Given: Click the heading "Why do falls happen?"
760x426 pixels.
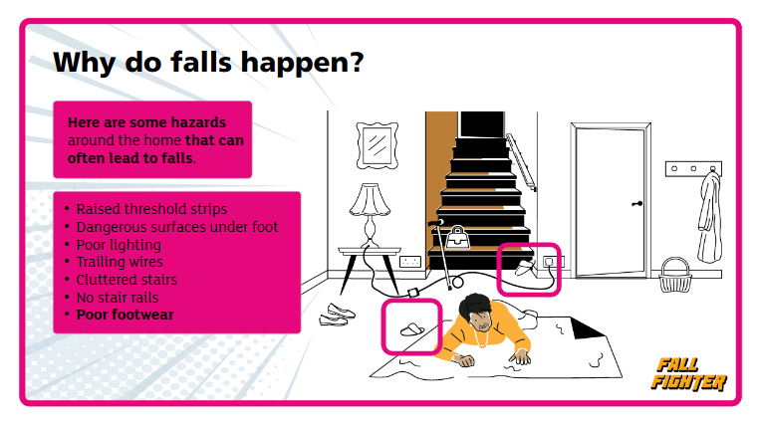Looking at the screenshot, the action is [x=208, y=63].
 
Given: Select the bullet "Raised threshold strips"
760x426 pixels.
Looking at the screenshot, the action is [x=151, y=209].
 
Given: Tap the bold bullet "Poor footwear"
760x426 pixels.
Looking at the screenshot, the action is [x=126, y=315].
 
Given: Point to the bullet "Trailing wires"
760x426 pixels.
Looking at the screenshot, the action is [x=120, y=262].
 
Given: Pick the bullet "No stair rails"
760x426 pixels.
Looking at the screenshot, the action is [x=118, y=298].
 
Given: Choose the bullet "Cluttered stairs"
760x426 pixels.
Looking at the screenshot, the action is [x=127, y=280].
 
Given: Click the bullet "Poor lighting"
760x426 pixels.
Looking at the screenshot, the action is [x=119, y=245].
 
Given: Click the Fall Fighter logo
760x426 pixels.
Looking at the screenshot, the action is [x=688, y=374].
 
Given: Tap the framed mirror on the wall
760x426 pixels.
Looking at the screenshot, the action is [x=378, y=145].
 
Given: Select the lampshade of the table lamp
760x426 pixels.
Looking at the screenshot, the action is [x=370, y=199].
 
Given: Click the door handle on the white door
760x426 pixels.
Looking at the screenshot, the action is [x=637, y=204].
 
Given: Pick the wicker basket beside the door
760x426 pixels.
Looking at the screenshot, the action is [x=674, y=275].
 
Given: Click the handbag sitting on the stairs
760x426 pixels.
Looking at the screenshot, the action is [x=457, y=237].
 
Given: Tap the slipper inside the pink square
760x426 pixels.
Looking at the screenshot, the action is [x=412, y=330].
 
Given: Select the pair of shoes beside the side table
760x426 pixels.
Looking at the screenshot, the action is [x=337, y=315].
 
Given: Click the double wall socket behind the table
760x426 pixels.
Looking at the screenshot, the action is [x=410, y=262].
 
